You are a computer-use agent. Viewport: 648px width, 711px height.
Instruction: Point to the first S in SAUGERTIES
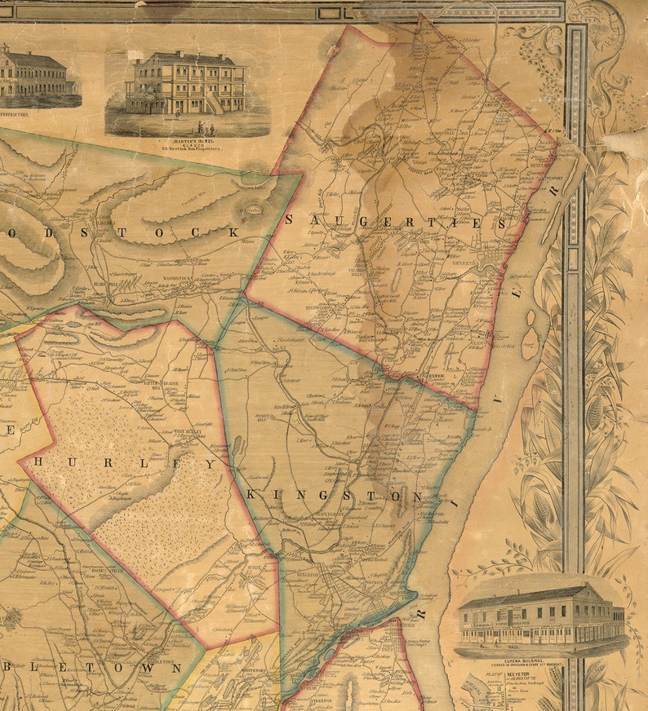290,219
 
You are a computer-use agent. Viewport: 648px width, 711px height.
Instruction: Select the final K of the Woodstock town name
233,232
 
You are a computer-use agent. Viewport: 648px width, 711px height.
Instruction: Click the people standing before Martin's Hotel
204,126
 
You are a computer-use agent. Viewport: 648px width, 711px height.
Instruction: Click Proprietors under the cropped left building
15,116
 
